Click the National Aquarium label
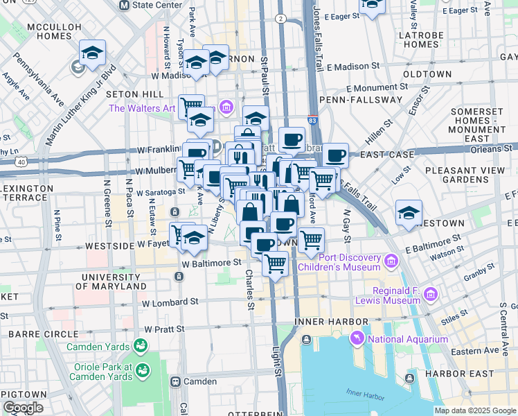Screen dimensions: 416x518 pyautogui.click(x=408, y=339)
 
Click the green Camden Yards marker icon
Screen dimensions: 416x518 pyautogui.click(x=141, y=345)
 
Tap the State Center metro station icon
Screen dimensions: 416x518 pyautogui.click(x=125, y=5)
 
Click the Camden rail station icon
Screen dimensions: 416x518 pyautogui.click(x=176, y=381)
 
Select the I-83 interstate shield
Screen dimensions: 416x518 pyautogui.click(x=313, y=121)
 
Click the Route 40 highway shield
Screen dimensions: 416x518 pyautogui.click(x=22, y=162)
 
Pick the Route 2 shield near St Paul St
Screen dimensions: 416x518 pyautogui.click(x=280, y=18)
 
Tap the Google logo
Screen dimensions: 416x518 pyautogui.click(x=23, y=408)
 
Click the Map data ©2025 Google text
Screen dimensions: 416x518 pyautogui.click(x=475, y=410)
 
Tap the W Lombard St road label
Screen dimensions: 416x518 pyautogui.click(x=170, y=302)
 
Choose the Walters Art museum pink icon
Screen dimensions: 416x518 pyautogui.click(x=226, y=107)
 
